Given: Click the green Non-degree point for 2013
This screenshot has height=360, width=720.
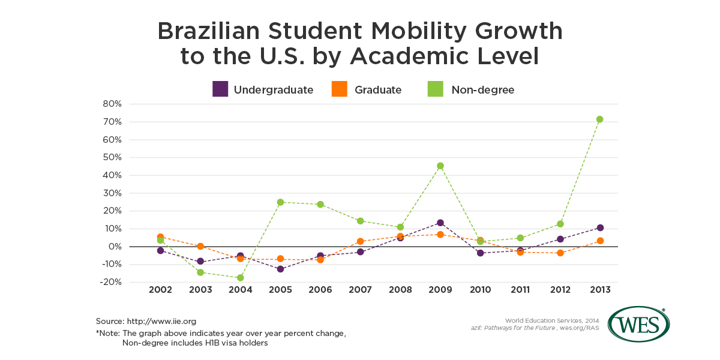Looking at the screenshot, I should point(600,119).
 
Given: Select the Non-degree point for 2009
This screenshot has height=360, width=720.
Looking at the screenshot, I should point(440,166).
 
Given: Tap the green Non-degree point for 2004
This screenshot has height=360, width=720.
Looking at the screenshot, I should point(241,278).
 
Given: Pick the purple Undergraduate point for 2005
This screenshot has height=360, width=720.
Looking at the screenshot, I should point(280,269).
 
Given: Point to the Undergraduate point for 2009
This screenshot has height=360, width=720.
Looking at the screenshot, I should point(440,223).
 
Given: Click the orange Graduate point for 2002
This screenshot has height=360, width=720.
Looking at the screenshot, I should point(160,237).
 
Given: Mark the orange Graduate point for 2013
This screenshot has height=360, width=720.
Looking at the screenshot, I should point(600,241).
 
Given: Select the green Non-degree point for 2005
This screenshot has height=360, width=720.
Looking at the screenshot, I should point(280,202).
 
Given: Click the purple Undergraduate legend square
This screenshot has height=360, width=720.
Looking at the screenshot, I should point(220,89).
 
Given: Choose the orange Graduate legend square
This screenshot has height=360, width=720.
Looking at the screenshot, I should point(339,89).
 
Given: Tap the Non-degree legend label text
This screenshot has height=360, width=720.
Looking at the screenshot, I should point(482,90).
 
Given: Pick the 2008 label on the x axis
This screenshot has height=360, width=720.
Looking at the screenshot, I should point(400,290).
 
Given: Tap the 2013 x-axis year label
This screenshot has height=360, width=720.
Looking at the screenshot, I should point(600,290).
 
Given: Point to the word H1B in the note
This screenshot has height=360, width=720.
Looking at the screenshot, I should point(211,343).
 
